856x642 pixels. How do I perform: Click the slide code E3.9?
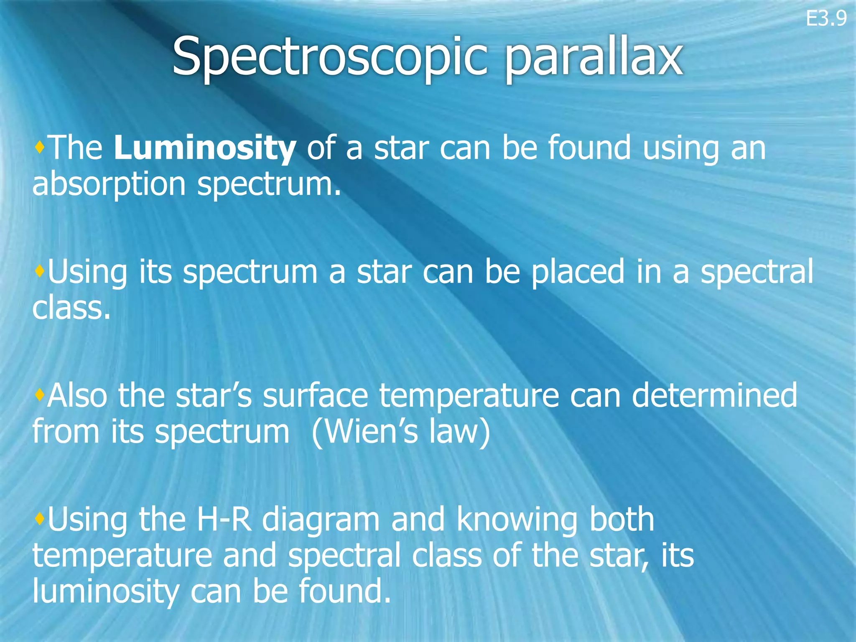click(826, 19)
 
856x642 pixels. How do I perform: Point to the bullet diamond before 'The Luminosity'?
click(40, 147)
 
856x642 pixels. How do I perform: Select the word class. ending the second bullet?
click(71, 308)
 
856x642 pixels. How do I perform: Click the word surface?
click(315, 395)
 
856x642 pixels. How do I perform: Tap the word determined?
click(714, 395)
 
